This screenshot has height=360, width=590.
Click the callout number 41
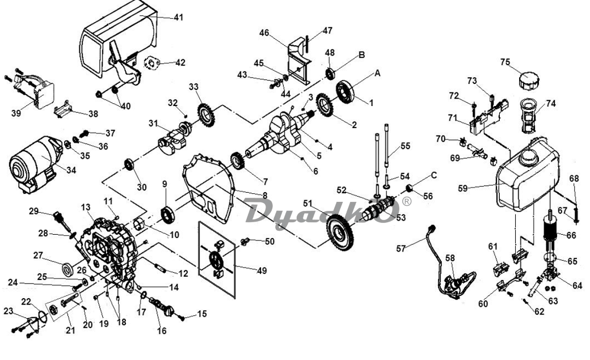coord(178,18)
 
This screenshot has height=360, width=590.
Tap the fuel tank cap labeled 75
coord(529,80)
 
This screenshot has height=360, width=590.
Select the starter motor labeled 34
coord(35,164)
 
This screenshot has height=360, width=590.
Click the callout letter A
coord(377,73)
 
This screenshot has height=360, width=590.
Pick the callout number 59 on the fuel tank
coord(463,188)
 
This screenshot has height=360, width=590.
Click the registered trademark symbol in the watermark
coord(407,201)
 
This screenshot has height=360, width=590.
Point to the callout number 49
coord(262,270)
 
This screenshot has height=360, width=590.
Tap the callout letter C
coord(434,175)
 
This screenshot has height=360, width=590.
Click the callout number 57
coord(402,248)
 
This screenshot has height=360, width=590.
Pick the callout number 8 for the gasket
coord(265,195)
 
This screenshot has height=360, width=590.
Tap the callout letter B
coord(361,55)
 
